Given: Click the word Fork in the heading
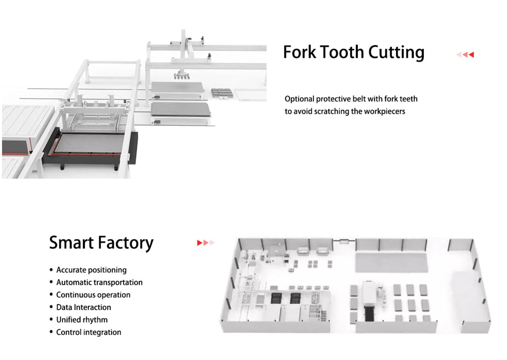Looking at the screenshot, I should pos(300,52).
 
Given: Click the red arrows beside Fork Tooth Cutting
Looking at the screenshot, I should pos(465,54).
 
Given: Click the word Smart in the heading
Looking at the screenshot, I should pos(71,243).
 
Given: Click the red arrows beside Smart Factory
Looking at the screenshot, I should pos(206,243).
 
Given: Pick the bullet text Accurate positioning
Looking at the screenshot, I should pos(91,270).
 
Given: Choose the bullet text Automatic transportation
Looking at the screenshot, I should pos(99,282).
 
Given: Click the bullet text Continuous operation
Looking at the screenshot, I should pos(93,295).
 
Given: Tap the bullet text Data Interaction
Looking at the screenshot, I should pos(84,307).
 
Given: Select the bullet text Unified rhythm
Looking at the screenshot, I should pos(82,320).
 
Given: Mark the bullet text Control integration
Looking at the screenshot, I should pos(89,332).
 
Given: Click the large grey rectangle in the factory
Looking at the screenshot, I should pos(391,262).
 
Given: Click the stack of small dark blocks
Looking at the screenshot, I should pos(222,93).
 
